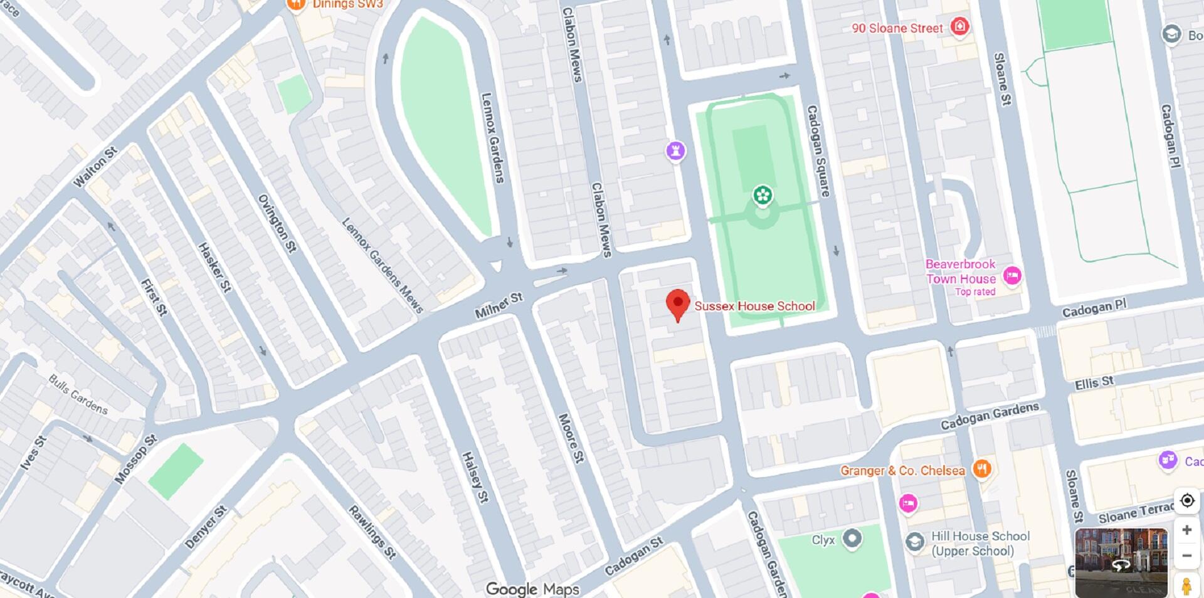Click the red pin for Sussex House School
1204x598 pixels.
[x=677, y=304]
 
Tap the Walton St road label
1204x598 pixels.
[x=95, y=167]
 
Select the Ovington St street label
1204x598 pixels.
[x=277, y=223]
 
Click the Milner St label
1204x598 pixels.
[x=499, y=305]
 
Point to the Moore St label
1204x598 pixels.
[x=571, y=438]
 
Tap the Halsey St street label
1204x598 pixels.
[x=475, y=477]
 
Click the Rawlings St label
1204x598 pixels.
[x=372, y=532]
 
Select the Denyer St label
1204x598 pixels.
[x=206, y=527]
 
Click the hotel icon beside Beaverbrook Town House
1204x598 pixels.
[x=1011, y=276]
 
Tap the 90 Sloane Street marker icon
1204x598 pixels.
[x=959, y=27]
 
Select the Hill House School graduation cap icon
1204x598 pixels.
[x=915, y=542]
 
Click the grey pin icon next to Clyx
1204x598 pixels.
[x=852, y=538]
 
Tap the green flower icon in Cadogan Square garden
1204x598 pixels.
[x=763, y=196]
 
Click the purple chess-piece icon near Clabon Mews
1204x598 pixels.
[x=675, y=150]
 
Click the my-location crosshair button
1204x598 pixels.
[x=1186, y=500]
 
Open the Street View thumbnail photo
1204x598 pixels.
[x=1121, y=562]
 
